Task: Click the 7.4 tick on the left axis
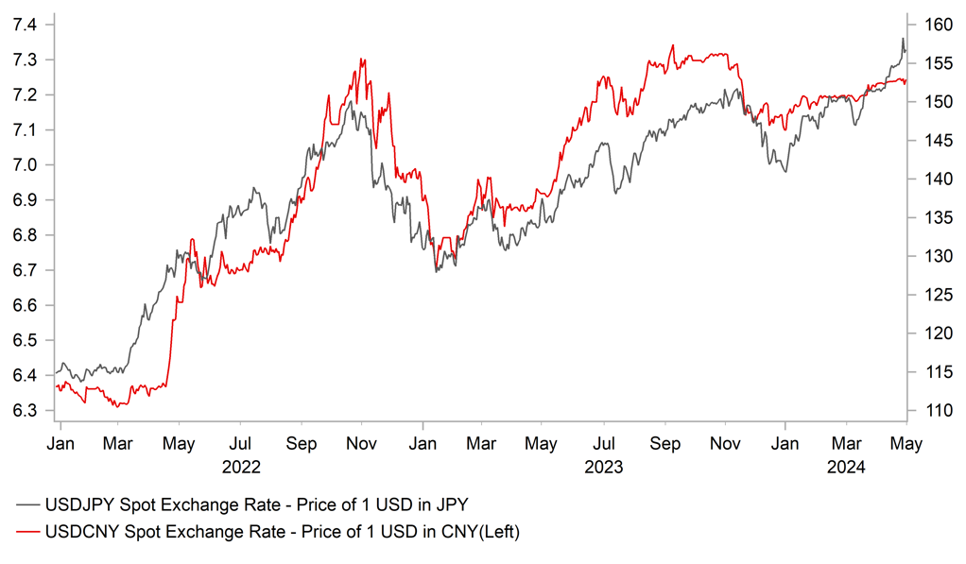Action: [24, 25]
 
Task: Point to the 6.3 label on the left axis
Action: [24, 411]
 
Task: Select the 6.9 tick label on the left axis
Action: [24, 200]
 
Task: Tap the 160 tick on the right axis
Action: [928, 25]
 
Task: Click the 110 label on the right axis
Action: [928, 411]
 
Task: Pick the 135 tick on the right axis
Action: [928, 218]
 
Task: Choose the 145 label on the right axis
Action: [928, 141]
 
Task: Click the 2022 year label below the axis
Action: [240, 466]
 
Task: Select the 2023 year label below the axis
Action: [604, 466]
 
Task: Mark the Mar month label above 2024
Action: [846, 442]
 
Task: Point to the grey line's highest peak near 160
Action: [903, 39]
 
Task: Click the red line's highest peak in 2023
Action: [672, 45]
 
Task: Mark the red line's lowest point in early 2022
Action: [115, 406]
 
